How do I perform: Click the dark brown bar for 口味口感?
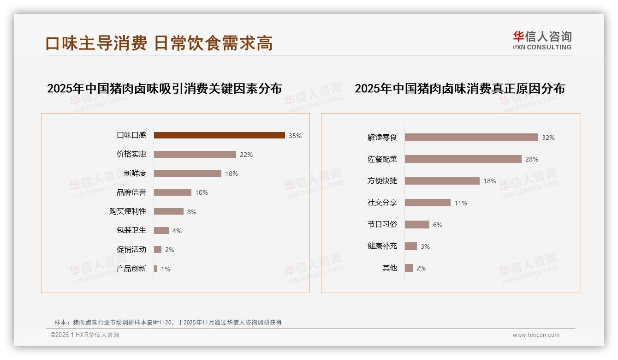(x=219, y=135)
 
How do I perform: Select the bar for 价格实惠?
(x=195, y=155)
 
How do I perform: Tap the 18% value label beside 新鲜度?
(x=232, y=174)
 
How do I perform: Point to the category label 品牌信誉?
(x=131, y=192)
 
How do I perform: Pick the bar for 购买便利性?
(x=168, y=211)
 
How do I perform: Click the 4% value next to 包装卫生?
(x=177, y=231)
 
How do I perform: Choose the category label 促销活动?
(x=131, y=250)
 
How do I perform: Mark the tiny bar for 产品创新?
(x=156, y=269)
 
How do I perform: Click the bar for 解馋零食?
(x=471, y=138)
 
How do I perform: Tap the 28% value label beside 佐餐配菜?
(x=532, y=159)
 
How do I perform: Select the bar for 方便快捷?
(x=442, y=181)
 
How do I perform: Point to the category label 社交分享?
(x=382, y=202)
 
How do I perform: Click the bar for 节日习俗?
(x=417, y=224)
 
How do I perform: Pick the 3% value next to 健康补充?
(x=425, y=246)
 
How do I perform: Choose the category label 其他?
(x=390, y=268)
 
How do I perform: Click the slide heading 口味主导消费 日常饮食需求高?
(x=159, y=43)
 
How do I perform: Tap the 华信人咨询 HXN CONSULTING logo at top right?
(x=542, y=41)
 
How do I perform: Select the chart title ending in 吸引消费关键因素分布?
(x=165, y=88)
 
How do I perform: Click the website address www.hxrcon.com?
(x=536, y=335)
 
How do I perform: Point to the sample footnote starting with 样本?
(x=168, y=322)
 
